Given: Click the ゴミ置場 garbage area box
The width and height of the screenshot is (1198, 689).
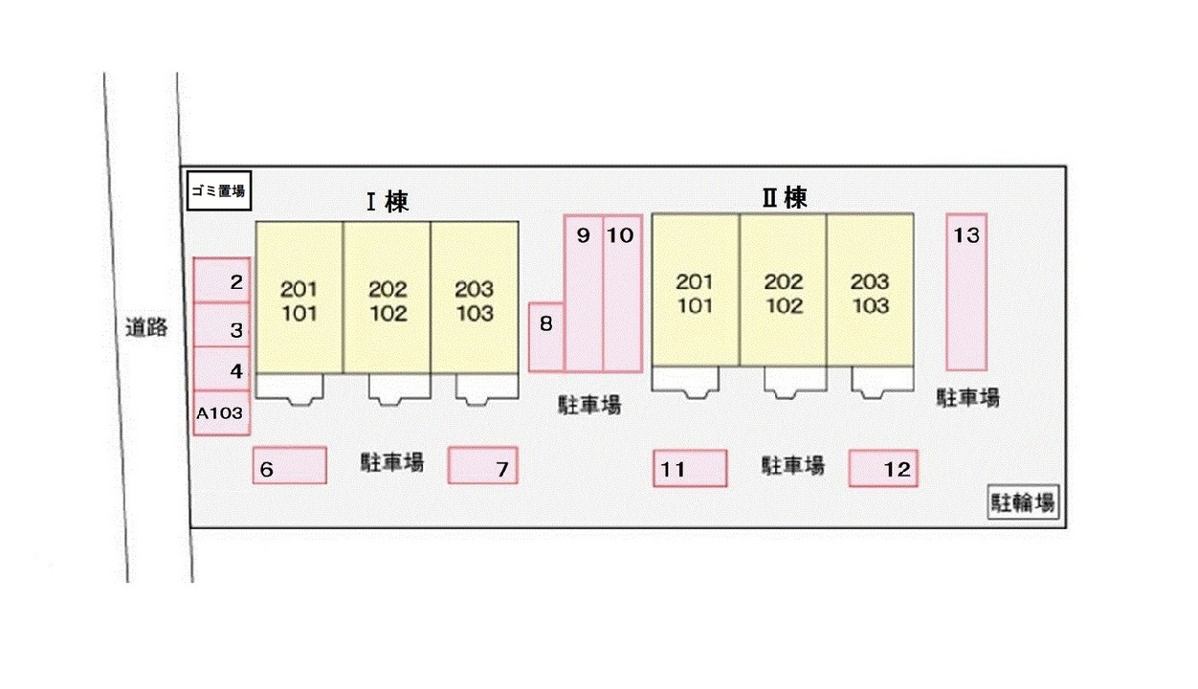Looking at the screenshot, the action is (x=218, y=190).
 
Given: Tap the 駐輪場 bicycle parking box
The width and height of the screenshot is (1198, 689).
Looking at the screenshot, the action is (x=1024, y=503).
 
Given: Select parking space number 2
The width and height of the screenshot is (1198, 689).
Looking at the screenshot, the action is (x=222, y=281).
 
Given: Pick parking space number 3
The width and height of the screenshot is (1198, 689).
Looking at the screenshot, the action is (x=222, y=325).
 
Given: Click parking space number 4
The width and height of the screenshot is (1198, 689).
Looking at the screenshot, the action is (x=222, y=369).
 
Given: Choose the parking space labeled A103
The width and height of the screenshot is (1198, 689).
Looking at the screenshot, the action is (x=221, y=413).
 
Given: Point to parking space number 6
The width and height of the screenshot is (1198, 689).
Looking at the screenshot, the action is (x=290, y=466).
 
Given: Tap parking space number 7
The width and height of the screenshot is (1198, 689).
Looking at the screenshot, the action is (x=483, y=466).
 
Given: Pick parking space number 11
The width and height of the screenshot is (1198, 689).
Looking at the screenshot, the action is (x=690, y=469).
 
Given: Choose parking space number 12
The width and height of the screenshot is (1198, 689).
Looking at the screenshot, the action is (x=883, y=469).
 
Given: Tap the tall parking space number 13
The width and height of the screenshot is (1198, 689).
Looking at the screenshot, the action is (x=966, y=292).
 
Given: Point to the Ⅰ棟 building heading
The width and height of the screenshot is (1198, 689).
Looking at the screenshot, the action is (x=388, y=202).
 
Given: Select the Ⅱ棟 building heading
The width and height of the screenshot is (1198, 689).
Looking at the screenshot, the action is (x=785, y=198).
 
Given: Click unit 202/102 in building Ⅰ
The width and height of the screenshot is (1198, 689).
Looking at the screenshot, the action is (x=387, y=299).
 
